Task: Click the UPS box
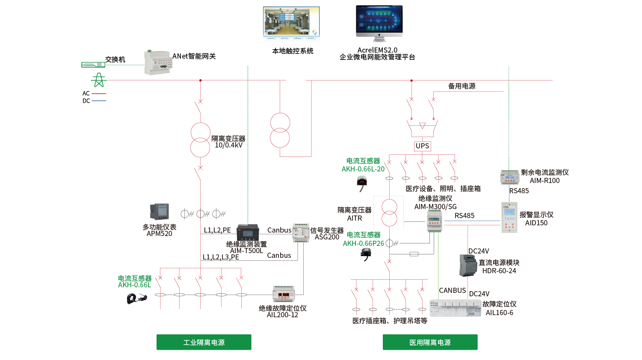coord(422,146)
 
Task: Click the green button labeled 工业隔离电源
coord(204,342)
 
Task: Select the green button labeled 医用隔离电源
coord(430,342)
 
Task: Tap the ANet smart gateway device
coord(158,62)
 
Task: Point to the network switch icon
coord(93,65)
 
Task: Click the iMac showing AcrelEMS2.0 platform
coord(379,24)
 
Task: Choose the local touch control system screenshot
coord(291,24)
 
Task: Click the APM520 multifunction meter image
coord(159,212)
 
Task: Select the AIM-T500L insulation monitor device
coord(248,232)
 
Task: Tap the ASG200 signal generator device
coord(301,233)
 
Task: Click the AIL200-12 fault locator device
coord(284,294)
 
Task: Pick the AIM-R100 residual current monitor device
coord(510,177)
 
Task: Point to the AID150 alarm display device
coord(509,217)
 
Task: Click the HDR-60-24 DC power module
coord(468,265)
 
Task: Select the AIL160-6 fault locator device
coord(455,308)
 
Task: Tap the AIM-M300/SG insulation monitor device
coord(435,222)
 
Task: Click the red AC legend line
coord(99,94)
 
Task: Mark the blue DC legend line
coord(99,101)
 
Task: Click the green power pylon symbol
coord(98,80)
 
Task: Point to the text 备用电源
coord(462,86)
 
